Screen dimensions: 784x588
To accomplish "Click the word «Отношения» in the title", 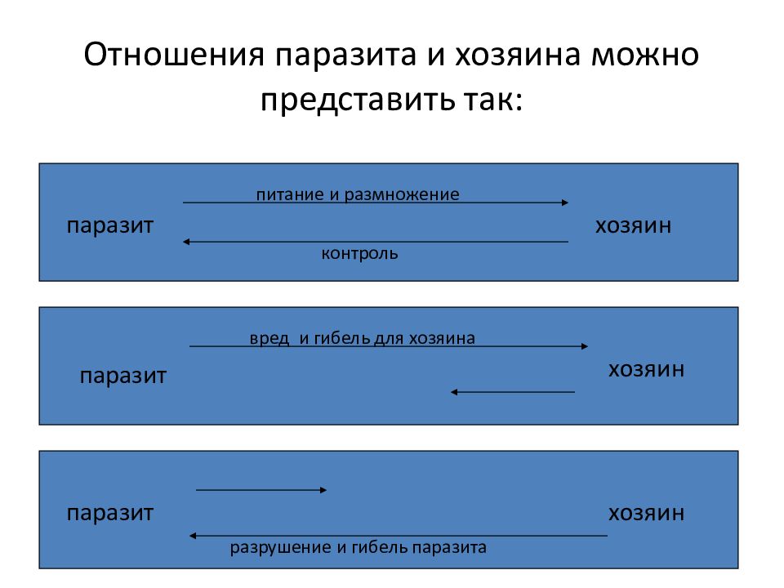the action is pos(174,54).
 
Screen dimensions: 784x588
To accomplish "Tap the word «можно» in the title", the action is pos(645,54).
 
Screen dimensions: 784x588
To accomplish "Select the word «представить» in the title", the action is pos(358,100).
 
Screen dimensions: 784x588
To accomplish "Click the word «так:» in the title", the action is pos(493,99).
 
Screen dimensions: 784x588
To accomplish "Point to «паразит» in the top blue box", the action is pos(110,226).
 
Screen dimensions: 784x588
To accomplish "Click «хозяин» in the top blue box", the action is pos(633,225).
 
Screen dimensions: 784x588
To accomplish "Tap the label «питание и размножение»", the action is pos(358,194).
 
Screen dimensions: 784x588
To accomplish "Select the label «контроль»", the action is pos(359,253).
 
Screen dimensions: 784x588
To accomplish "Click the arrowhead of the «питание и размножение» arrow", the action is pos(565,203).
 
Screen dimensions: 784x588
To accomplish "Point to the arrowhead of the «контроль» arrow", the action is pos(186,242).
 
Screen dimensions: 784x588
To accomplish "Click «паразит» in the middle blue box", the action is pos(123,376).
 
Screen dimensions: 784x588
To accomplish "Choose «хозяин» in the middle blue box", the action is pos(646,369).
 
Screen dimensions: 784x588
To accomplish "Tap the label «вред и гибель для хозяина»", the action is pos(362,338).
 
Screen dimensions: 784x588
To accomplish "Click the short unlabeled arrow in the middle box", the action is pos(513,392).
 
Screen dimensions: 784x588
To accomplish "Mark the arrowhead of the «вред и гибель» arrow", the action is pos(585,346).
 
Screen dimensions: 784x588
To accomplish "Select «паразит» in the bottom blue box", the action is pos(110,514).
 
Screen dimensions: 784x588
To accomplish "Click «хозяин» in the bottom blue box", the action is pos(646,513).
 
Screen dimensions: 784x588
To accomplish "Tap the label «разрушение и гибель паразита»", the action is pos(358,547).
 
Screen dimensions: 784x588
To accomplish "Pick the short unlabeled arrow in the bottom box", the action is pos(261,490).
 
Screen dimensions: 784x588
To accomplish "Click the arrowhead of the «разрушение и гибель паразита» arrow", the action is pos(193,536).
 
